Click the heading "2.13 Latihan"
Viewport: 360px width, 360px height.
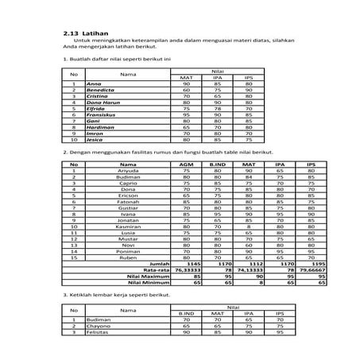(86, 33)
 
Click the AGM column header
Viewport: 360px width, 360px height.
(185, 165)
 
